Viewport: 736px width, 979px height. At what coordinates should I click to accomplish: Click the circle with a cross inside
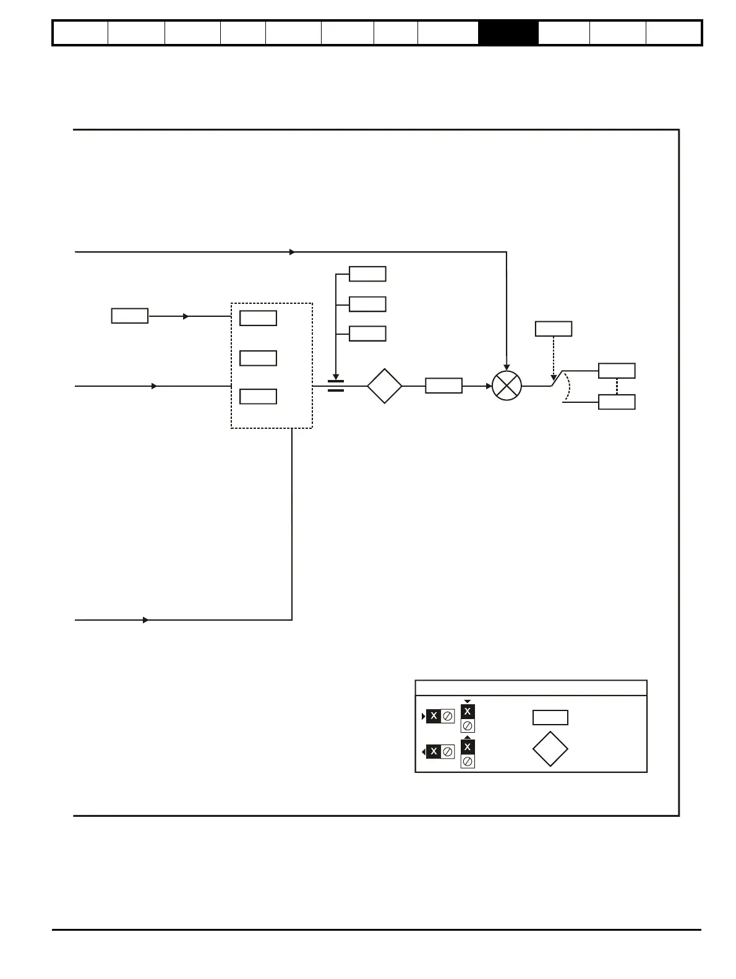(507, 386)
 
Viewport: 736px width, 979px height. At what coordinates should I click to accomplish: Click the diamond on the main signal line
(384, 386)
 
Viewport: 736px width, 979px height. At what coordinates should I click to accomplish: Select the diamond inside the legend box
(550, 749)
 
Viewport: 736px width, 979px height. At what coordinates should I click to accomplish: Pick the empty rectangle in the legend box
(550, 717)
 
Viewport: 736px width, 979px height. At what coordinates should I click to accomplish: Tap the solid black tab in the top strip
(508, 33)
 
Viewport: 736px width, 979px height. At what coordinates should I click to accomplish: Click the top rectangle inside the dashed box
(258, 318)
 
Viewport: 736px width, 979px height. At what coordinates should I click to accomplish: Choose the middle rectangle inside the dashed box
(258, 358)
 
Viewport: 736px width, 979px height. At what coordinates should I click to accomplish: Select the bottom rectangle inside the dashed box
(258, 396)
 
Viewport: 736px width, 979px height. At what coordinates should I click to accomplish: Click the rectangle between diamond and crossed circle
(443, 386)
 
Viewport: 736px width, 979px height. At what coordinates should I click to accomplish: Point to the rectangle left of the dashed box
(129, 316)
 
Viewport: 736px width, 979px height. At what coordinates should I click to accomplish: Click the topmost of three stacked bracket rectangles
(367, 274)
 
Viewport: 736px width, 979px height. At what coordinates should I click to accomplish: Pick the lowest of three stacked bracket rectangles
(367, 334)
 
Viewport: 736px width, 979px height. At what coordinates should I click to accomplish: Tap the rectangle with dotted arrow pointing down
(553, 329)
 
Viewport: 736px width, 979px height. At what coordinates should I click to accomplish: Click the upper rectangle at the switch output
(617, 371)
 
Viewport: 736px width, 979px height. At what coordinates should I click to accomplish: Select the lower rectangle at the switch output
(617, 402)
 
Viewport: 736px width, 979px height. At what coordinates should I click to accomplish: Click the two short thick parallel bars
(335, 386)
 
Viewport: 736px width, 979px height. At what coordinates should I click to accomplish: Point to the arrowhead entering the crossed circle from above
(507, 368)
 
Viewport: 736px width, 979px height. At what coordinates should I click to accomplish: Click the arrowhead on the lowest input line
(146, 619)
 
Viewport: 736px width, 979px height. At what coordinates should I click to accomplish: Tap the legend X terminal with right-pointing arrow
(434, 716)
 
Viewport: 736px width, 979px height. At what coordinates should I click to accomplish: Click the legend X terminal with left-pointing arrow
(434, 751)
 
